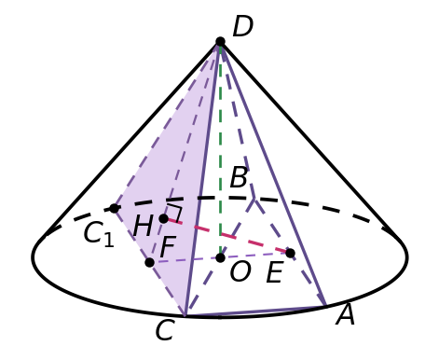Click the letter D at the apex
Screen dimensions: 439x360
[x=242, y=27]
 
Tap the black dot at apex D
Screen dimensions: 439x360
[x=220, y=41]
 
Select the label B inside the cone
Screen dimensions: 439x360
[x=239, y=177]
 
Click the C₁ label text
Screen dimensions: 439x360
[x=99, y=234]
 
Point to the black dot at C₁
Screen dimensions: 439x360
[x=114, y=208]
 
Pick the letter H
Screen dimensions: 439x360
[x=143, y=227]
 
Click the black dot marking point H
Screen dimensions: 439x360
[x=164, y=218]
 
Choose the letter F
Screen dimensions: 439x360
[x=168, y=247]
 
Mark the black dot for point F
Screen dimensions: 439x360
[x=149, y=262]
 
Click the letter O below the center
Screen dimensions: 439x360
[x=240, y=272]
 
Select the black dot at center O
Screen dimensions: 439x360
[x=220, y=257]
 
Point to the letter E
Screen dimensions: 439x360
[x=275, y=272]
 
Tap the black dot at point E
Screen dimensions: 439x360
[x=290, y=253]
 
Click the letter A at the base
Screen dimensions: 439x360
[x=346, y=314]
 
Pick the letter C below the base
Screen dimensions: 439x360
[x=165, y=330]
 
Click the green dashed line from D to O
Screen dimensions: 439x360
[x=220, y=149]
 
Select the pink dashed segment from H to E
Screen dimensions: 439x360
[x=226, y=236]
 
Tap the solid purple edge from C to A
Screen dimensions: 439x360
[x=255, y=312]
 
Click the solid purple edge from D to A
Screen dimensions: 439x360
[x=273, y=173]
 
